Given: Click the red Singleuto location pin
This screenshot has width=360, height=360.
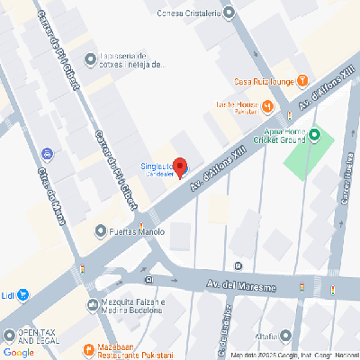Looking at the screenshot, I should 179,166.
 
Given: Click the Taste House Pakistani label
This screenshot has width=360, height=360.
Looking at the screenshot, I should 236,107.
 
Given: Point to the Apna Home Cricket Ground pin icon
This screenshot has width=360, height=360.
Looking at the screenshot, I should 315,136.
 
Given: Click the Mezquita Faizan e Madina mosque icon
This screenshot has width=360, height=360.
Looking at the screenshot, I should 94,304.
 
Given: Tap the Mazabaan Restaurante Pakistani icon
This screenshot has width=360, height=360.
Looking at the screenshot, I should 87,349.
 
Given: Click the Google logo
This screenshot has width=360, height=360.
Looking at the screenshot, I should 18,352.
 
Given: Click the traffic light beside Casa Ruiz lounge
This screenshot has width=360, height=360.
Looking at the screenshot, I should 289,114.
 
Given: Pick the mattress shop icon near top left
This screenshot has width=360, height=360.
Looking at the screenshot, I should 90,60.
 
